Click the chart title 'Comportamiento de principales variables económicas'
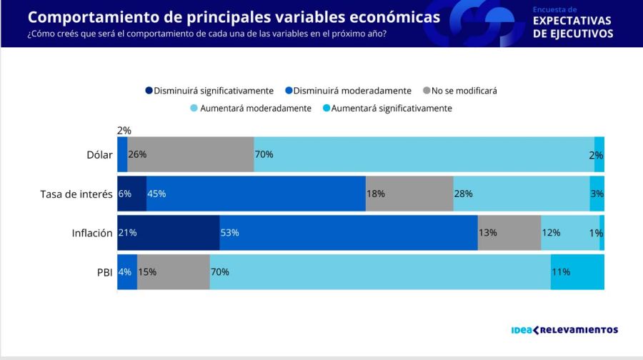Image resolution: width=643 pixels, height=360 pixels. click(x=234, y=17)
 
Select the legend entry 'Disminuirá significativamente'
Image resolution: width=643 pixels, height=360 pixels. click(x=209, y=91)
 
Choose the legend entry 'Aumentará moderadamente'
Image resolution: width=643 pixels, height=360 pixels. click(x=250, y=109)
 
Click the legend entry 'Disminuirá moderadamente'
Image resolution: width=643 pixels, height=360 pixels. click(x=347, y=91)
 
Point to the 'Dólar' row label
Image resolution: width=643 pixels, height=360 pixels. click(x=99, y=154)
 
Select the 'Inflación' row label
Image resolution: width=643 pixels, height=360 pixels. click(x=92, y=233)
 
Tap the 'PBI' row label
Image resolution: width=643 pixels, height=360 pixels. click(x=104, y=271)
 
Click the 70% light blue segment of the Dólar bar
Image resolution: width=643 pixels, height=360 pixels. click(x=424, y=154)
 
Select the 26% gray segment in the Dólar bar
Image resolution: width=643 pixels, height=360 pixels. click(x=190, y=154)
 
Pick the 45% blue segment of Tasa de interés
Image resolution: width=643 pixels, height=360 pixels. click(x=256, y=194)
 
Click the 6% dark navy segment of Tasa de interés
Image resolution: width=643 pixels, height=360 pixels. click(x=131, y=194)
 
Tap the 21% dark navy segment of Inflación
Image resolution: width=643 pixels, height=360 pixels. click(x=168, y=233)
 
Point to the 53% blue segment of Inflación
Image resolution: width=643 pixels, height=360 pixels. click(x=348, y=233)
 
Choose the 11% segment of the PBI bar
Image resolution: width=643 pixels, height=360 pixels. click(x=577, y=271)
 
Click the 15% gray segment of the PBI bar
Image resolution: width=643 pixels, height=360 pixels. click(x=173, y=271)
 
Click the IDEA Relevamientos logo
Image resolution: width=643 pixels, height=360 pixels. click(x=564, y=330)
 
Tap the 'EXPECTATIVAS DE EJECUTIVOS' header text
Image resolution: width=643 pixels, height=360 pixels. click(x=572, y=27)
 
